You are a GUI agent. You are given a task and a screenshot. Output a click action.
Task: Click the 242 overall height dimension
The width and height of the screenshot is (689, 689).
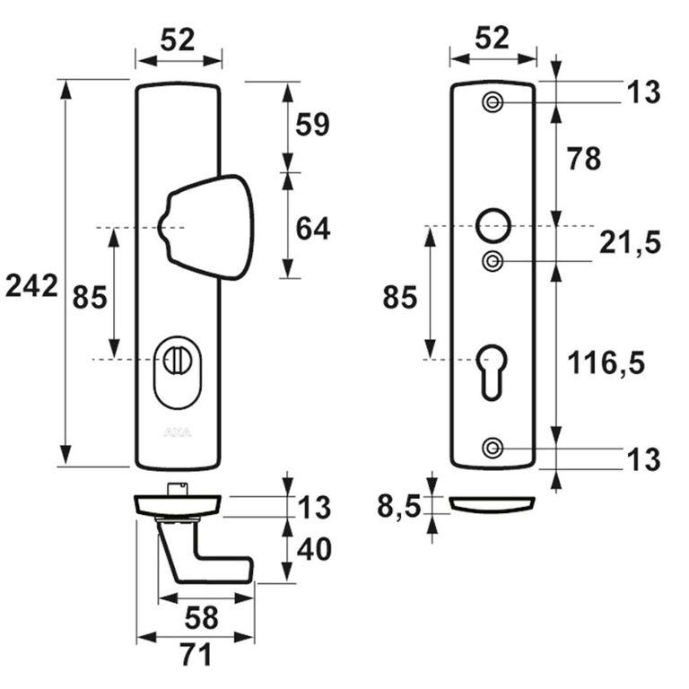click(x=31, y=286)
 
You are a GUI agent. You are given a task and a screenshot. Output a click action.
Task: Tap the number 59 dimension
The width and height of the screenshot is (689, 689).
click(x=313, y=125)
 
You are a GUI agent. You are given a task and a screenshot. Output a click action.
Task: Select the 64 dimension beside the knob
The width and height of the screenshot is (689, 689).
click(x=313, y=229)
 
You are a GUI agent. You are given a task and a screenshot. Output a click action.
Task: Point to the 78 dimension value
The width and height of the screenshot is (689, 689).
click(x=582, y=159)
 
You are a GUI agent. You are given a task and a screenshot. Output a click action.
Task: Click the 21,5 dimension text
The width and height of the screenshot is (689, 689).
click(x=629, y=242)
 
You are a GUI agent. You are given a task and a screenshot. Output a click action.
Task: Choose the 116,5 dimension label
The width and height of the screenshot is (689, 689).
click(x=606, y=363)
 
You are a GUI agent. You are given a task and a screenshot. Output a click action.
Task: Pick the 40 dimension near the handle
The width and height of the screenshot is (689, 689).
click(x=313, y=548)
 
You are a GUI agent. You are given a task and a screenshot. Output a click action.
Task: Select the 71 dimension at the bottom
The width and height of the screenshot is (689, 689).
click(x=196, y=655)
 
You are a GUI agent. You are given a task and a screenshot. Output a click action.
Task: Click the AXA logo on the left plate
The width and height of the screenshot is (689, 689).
click(x=176, y=432)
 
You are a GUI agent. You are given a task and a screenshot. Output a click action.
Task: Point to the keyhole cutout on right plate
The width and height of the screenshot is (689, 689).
click(x=492, y=368)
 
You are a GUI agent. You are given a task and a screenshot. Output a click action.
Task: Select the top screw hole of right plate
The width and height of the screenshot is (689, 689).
click(x=492, y=102)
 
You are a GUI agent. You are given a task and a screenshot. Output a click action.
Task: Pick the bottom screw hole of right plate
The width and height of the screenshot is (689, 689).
click(x=492, y=448)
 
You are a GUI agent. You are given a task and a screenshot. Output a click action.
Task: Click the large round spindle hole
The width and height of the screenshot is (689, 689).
click(x=492, y=224)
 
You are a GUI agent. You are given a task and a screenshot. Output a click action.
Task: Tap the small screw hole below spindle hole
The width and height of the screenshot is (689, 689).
click(x=492, y=261)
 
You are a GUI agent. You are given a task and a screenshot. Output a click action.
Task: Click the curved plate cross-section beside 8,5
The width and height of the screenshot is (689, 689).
click(x=492, y=505)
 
